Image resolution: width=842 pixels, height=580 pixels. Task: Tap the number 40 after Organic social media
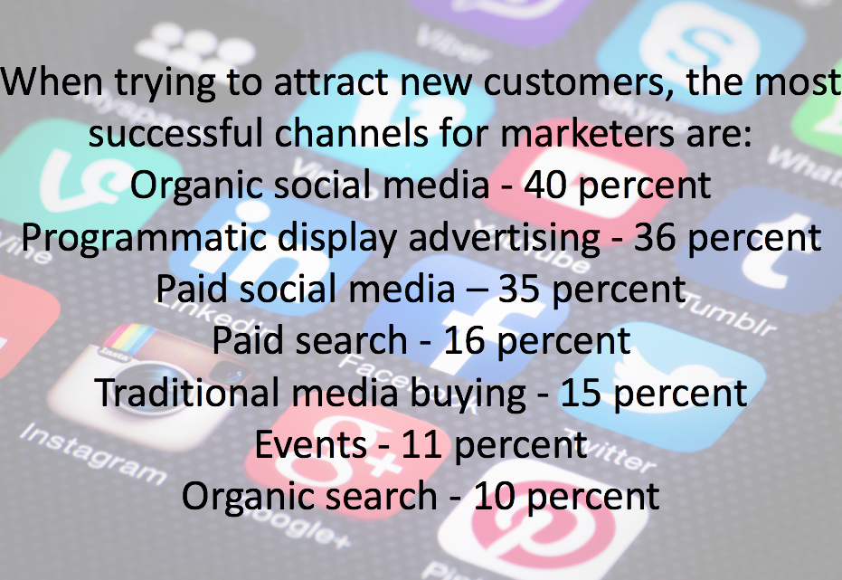coord(545,185)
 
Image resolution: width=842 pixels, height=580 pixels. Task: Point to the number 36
coord(655,237)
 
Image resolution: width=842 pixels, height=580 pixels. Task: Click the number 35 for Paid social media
coord(519,289)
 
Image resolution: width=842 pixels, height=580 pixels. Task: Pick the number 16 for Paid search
coord(465,340)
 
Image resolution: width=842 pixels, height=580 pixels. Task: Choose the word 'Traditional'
coord(187,392)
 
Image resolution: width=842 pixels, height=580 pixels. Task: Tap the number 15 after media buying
coord(581,393)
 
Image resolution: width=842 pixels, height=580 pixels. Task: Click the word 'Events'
coord(310,444)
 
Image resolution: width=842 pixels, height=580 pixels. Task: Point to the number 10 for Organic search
coord(494,496)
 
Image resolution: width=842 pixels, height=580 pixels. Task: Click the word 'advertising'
coord(505,238)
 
